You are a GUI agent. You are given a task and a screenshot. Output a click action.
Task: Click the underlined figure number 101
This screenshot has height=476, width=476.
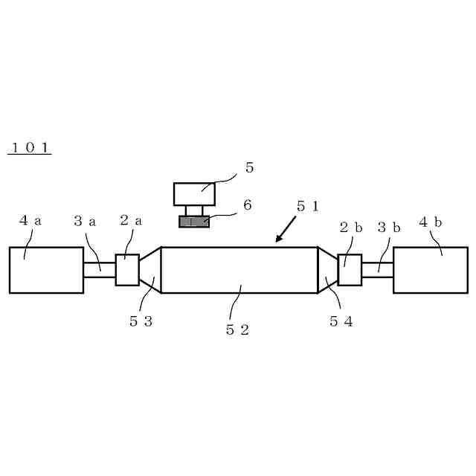30,147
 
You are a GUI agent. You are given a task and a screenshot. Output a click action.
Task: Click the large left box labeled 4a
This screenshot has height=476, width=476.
46,270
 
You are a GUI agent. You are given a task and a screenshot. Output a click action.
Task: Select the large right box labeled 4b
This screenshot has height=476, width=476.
431,270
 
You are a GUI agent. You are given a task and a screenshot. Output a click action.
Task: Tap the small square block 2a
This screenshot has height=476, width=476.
127,270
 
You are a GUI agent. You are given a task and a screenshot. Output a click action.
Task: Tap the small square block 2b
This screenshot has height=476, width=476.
350,270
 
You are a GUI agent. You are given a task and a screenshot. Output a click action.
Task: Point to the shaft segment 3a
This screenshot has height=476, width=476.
100,270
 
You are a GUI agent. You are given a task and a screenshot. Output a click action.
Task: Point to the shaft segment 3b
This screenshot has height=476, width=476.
377,270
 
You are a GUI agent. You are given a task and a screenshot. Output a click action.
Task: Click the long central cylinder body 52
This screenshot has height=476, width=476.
239,270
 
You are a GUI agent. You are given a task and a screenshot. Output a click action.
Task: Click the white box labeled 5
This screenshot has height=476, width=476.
195,194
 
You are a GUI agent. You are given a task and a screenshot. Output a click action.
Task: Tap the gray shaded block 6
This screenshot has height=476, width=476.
194,222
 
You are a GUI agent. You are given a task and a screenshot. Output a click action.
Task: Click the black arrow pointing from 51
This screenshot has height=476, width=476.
284,230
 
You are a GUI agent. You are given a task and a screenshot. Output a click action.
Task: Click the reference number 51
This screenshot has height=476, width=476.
307,207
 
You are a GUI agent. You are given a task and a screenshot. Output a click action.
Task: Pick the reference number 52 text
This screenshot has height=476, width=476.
237,329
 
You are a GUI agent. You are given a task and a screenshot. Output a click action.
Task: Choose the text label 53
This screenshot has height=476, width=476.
141,321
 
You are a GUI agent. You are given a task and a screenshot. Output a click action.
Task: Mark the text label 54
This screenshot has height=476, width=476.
341,321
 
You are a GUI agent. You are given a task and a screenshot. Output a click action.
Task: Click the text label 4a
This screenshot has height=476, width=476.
30,221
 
